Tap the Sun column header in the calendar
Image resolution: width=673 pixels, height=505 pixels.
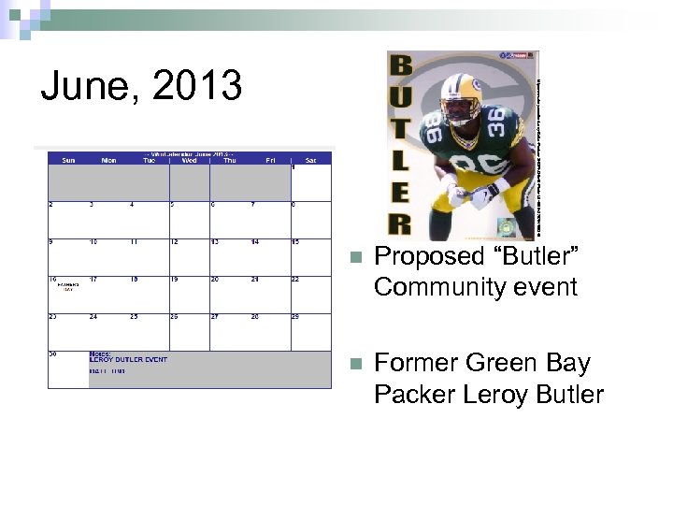tap(68, 160)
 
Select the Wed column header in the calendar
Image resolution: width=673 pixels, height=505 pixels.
tap(189, 160)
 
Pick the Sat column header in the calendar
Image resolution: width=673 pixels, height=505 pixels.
tap(310, 160)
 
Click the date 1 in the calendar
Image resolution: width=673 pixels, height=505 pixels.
tap(294, 168)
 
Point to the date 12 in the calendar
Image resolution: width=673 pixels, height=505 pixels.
tap(173, 242)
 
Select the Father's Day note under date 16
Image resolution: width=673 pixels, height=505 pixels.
tap(68, 287)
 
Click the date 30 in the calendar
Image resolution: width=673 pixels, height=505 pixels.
tap(52, 354)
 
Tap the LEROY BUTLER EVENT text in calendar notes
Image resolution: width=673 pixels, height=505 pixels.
tap(128, 360)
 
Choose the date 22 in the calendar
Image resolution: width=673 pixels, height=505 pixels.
tap(295, 280)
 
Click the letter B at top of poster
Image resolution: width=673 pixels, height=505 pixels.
tap(401, 66)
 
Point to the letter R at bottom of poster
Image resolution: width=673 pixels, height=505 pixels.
tap(400, 224)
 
